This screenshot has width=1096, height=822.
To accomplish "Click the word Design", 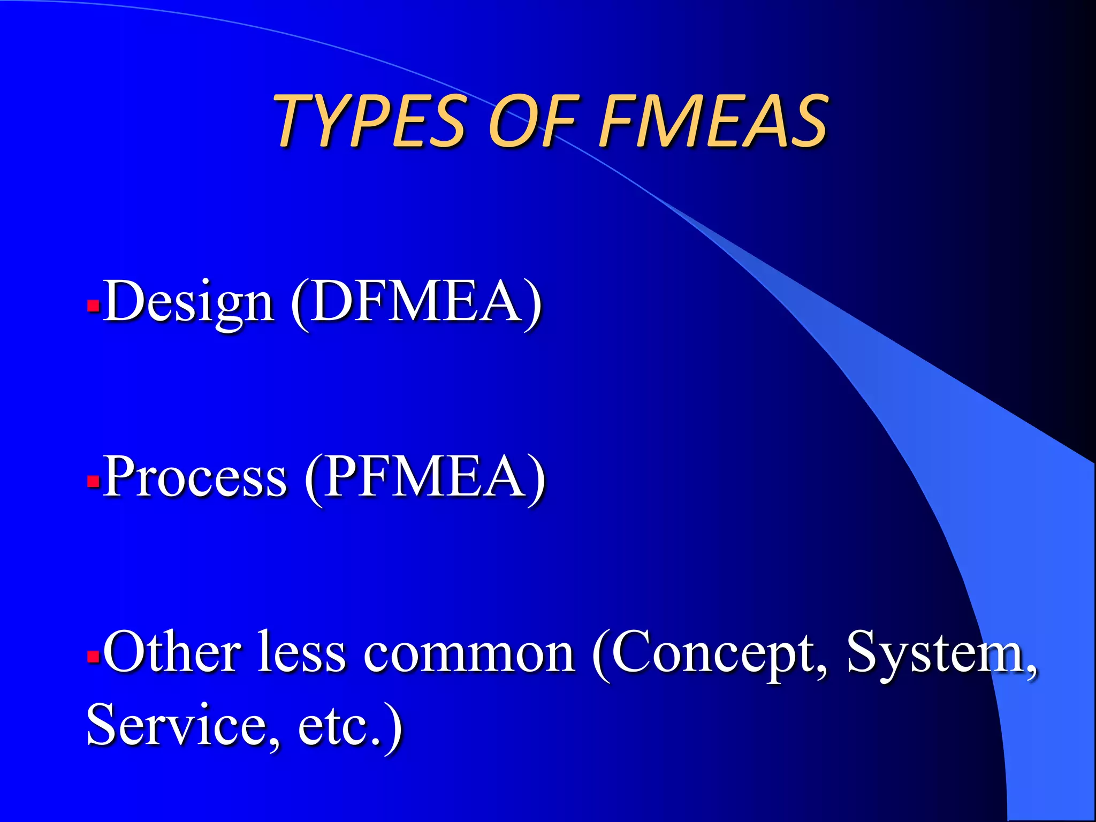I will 189,302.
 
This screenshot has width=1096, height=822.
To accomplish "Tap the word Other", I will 172,652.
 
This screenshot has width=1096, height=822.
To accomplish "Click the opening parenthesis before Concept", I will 602,654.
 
